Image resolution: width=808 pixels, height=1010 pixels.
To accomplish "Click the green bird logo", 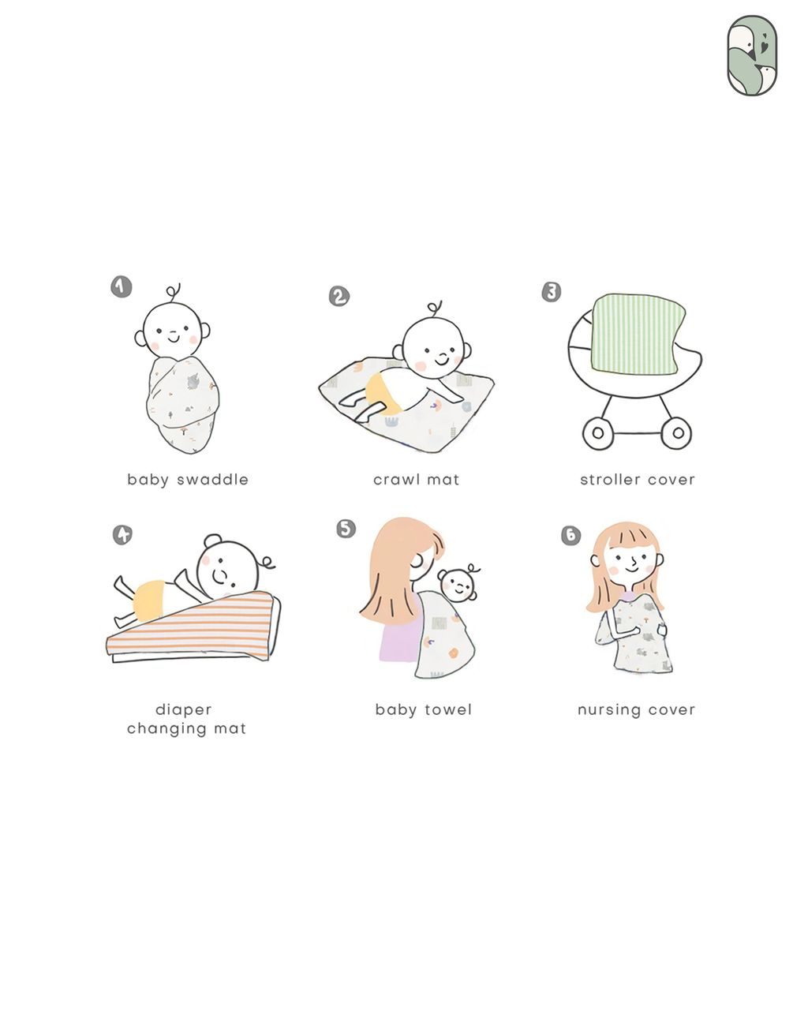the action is pyautogui.click(x=752, y=55).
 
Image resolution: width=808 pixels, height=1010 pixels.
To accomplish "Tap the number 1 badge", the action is pyautogui.click(x=122, y=286).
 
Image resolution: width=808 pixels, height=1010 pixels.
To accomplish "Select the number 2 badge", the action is pyautogui.click(x=339, y=296).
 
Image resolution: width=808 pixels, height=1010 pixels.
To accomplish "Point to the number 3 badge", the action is pyautogui.click(x=552, y=292).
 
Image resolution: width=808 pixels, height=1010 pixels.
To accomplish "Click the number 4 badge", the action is pyautogui.click(x=122, y=534).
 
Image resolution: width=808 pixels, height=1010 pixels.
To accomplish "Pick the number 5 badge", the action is pyautogui.click(x=346, y=529).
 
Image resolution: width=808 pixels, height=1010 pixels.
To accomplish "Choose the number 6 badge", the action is pyautogui.click(x=571, y=535).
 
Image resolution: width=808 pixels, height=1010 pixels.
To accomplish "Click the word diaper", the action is pyautogui.click(x=184, y=709).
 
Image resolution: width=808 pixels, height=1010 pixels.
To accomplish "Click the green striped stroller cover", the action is pyautogui.click(x=638, y=334).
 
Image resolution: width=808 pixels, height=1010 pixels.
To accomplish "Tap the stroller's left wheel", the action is pyautogui.click(x=597, y=432).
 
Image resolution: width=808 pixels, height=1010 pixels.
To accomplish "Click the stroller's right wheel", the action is pyautogui.click(x=677, y=432).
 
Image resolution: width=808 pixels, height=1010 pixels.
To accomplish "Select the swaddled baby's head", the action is pyautogui.click(x=173, y=331).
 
